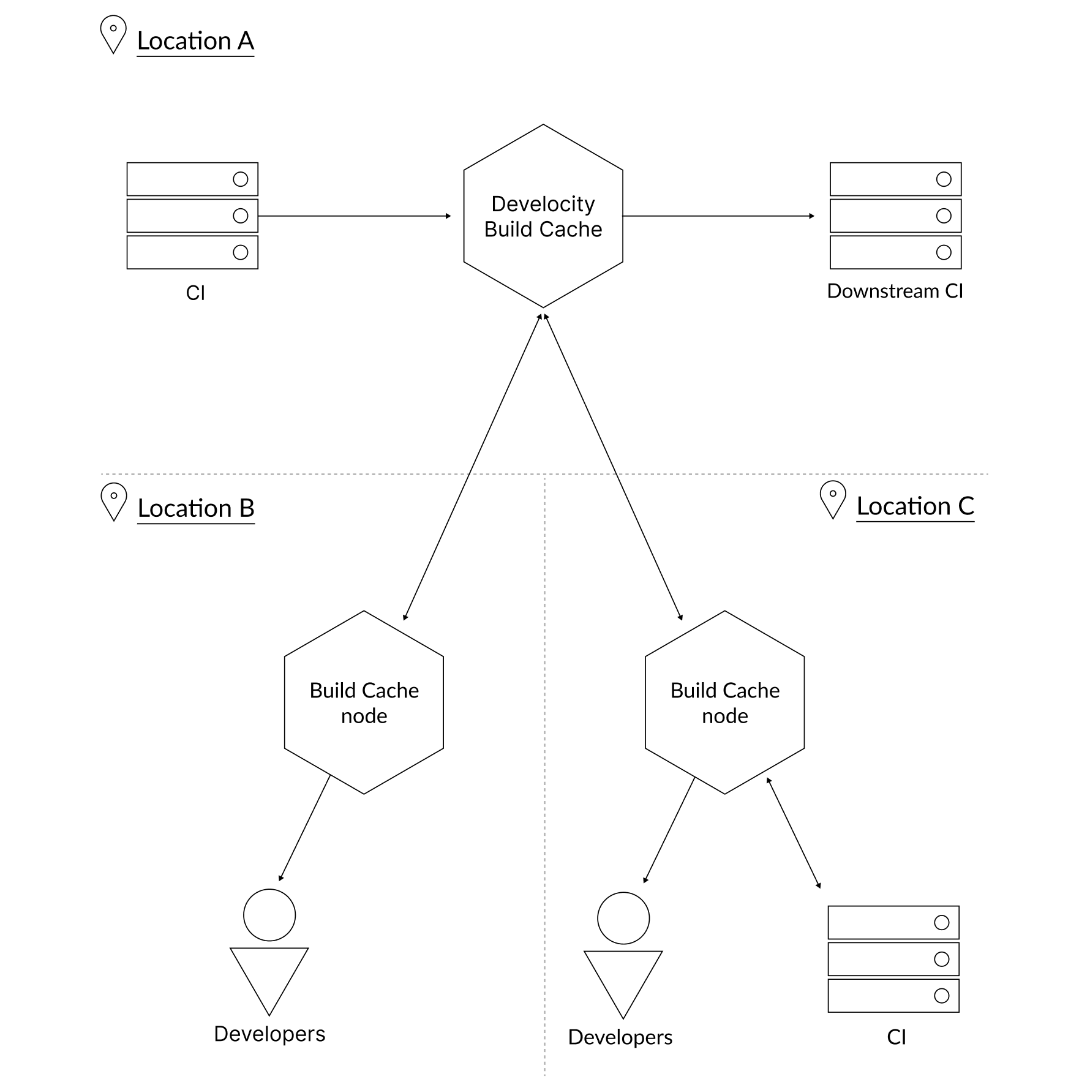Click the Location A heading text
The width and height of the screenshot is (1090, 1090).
(x=195, y=41)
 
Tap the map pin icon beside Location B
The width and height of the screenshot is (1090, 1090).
(x=113, y=501)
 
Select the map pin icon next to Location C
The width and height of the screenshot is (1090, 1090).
(x=832, y=499)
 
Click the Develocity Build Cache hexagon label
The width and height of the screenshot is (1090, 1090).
(x=543, y=216)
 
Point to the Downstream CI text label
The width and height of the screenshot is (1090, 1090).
(x=895, y=291)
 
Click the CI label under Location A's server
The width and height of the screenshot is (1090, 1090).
(x=195, y=293)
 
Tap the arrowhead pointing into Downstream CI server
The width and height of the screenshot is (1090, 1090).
(x=811, y=216)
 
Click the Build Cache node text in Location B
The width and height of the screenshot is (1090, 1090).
(x=364, y=703)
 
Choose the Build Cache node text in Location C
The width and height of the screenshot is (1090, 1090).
(x=724, y=703)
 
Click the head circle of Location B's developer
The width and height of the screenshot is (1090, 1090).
(x=269, y=915)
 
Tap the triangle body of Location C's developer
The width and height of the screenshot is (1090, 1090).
(x=623, y=978)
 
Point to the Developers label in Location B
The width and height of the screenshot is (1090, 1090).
(x=269, y=1034)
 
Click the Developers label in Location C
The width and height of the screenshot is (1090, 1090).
(x=620, y=1037)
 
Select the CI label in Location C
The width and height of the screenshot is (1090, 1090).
(x=896, y=1037)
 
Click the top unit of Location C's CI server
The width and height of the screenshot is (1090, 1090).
(x=893, y=922)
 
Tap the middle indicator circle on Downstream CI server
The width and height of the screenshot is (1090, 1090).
(x=944, y=216)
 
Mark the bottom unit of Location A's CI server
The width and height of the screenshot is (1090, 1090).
(x=192, y=252)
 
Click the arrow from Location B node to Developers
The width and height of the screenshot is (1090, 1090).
(x=304, y=829)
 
